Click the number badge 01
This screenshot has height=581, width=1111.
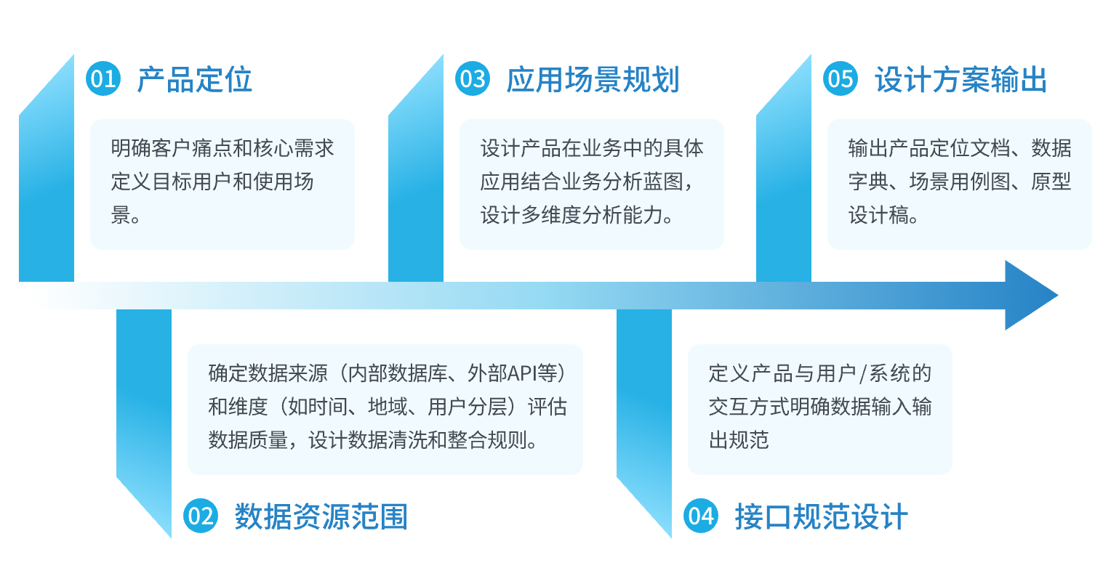[103, 78]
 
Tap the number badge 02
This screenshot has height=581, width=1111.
[201, 516]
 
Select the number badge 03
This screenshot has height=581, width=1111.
[472, 78]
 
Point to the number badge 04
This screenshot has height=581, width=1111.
[700, 516]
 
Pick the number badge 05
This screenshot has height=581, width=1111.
[841, 78]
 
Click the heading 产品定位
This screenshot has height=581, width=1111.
[194, 80]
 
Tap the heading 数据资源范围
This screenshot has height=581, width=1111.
[321, 516]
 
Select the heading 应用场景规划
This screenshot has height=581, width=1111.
[593, 80]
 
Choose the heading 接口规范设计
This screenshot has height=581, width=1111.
[821, 516]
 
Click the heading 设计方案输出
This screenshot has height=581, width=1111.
[960, 80]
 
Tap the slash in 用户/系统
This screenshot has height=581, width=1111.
[863, 374]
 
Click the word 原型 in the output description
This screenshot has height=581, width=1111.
[1051, 182]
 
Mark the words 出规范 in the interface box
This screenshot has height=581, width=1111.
[739, 440]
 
